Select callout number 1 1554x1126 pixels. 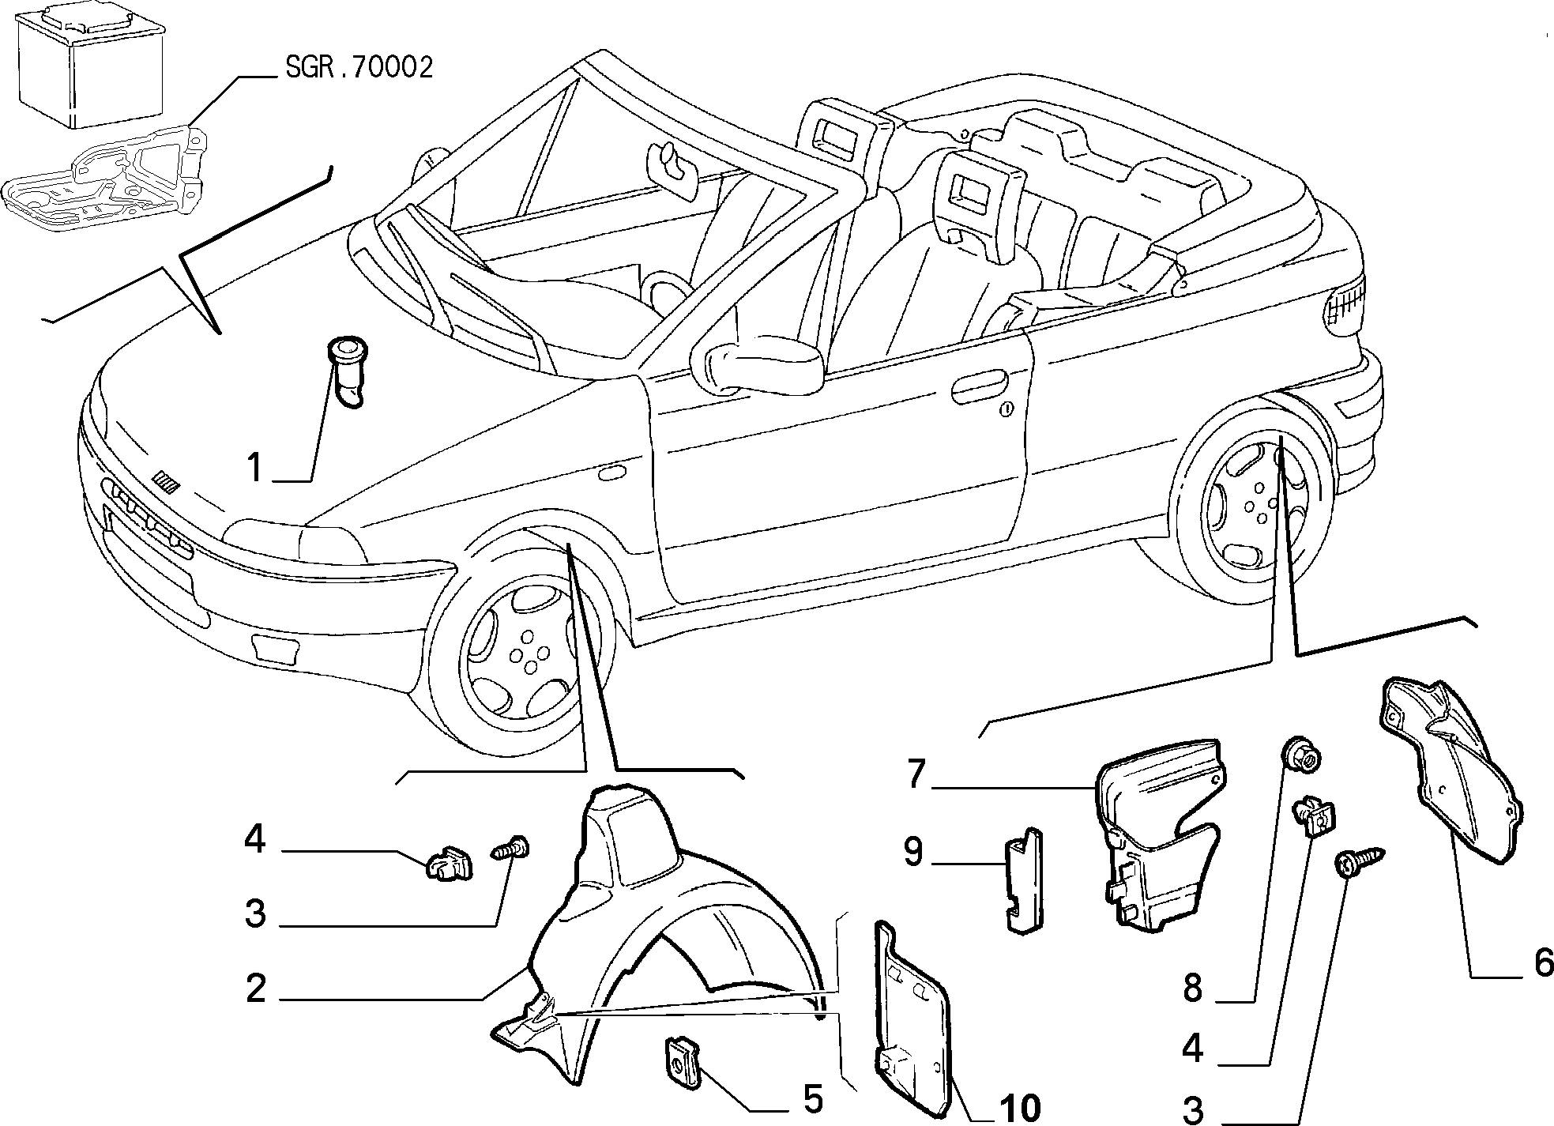click(254, 467)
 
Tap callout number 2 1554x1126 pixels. click(256, 989)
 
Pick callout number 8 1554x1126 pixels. click(1192, 988)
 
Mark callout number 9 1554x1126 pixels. click(913, 853)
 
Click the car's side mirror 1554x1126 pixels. click(758, 363)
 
